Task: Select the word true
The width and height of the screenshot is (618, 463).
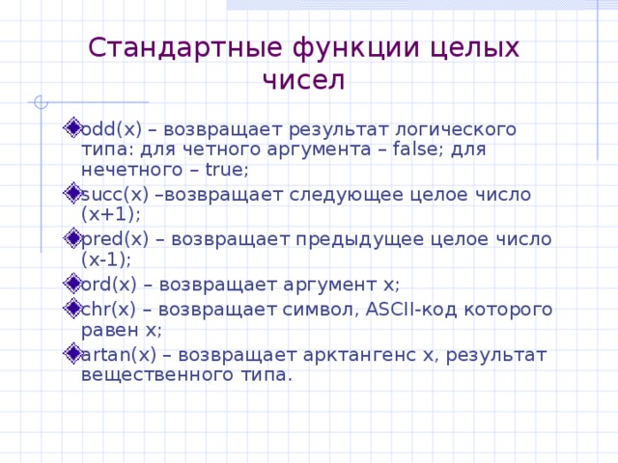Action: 224,171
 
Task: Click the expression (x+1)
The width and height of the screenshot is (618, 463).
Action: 111,215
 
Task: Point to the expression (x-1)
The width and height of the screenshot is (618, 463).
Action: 106,259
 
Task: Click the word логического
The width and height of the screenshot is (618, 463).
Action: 452,128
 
